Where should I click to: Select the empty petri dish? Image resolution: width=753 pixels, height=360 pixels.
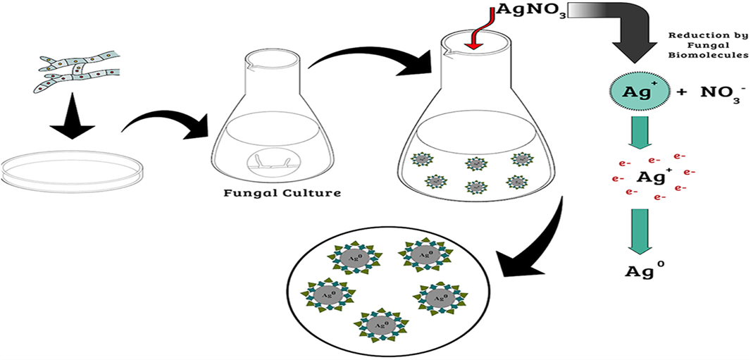[x=73, y=170]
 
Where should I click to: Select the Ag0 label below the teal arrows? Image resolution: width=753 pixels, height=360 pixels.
[x=643, y=271]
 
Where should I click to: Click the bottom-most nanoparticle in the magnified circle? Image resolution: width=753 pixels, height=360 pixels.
[x=382, y=325]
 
